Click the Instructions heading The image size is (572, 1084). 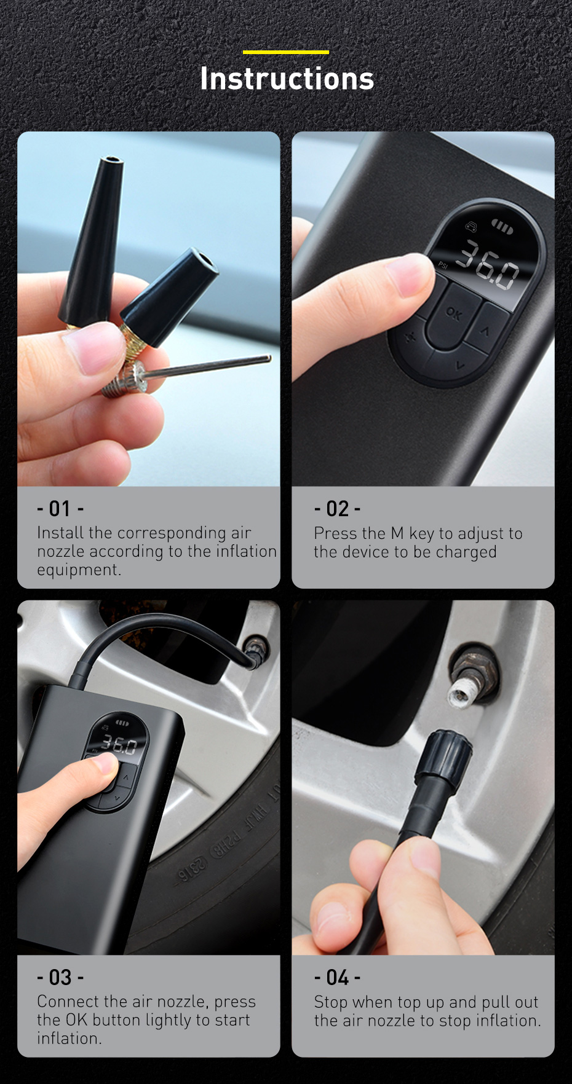[287, 79]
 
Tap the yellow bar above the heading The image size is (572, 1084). [286, 52]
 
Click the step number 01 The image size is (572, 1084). [60, 509]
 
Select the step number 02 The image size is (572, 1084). [337, 509]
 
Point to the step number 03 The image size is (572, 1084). [60, 977]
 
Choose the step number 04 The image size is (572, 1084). [338, 977]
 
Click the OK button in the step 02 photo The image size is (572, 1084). [453, 315]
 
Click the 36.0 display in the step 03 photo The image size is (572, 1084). [119, 745]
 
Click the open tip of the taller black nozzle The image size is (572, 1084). [111, 162]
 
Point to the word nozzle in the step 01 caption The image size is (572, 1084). [61, 551]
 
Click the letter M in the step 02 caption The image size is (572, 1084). [397, 533]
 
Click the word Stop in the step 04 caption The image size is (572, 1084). [330, 1002]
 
